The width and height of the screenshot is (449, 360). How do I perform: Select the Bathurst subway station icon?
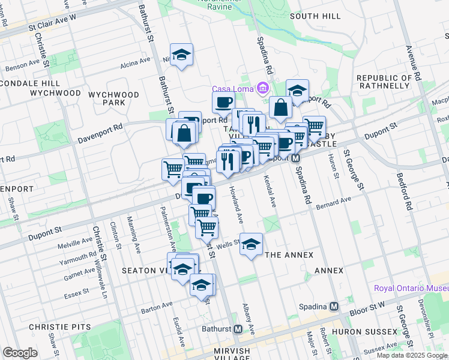238,329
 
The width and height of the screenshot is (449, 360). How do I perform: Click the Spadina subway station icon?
334,305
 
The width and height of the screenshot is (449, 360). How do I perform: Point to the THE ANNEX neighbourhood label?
289,255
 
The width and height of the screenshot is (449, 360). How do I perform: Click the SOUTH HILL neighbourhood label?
315,16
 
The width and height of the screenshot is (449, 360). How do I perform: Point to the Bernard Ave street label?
334,203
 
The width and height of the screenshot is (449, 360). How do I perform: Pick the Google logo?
20,353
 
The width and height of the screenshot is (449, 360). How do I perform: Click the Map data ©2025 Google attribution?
412,355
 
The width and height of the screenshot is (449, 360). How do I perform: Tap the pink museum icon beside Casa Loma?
262,89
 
